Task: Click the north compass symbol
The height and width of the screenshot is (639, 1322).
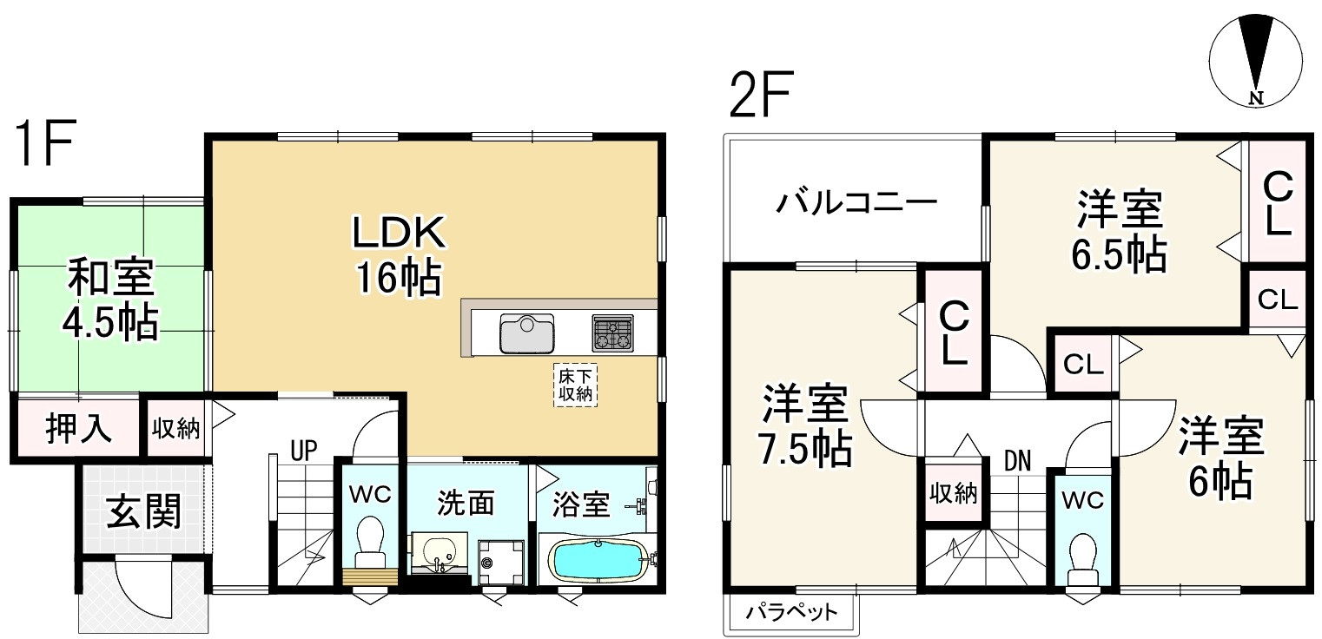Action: (1255, 62)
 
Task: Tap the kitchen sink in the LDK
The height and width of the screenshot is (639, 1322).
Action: (526, 333)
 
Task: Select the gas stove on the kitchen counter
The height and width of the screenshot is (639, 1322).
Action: (613, 333)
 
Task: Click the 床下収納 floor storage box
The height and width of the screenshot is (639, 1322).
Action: (574, 385)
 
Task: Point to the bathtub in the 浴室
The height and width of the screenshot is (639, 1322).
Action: (598, 560)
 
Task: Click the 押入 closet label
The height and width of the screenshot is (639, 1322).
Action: (78, 429)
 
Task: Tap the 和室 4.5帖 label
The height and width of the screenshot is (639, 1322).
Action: (110, 300)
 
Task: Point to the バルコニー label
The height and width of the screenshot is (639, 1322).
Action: (856, 205)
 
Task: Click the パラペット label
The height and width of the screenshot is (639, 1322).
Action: (791, 613)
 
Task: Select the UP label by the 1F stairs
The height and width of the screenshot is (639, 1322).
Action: (303, 450)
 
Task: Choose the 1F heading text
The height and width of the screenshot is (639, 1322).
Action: (46, 147)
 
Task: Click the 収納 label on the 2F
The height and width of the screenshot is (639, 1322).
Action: (955, 494)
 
